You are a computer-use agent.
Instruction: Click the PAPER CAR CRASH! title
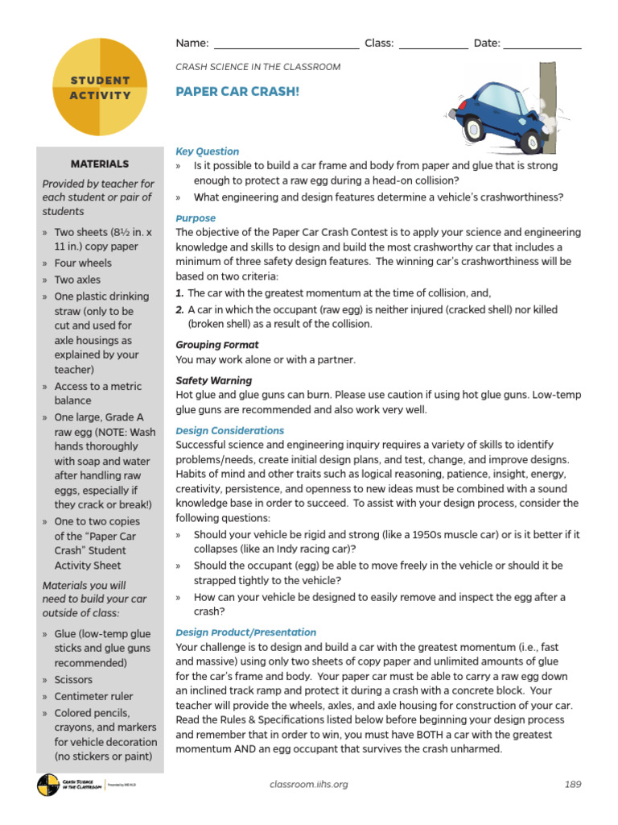pyautogui.click(x=237, y=92)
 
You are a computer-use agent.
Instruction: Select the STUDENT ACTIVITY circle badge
pyautogui.click(x=100, y=88)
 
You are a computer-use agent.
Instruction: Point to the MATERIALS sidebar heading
pyautogui.click(x=100, y=164)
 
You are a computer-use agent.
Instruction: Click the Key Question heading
pyautogui.click(x=208, y=151)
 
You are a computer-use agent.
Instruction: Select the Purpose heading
pyautogui.click(x=196, y=218)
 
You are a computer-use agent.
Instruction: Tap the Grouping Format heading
pyautogui.click(x=217, y=345)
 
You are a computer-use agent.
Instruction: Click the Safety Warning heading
pyautogui.click(x=214, y=380)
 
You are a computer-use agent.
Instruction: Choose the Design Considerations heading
pyautogui.click(x=229, y=431)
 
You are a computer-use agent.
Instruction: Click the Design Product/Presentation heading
pyautogui.click(x=246, y=632)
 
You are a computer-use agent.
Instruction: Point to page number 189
pyautogui.click(x=572, y=784)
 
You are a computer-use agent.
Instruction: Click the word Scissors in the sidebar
pyautogui.click(x=73, y=680)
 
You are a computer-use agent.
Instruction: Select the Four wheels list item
pyautogui.click(x=83, y=263)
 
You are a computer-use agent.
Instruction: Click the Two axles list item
pyautogui.click(x=78, y=280)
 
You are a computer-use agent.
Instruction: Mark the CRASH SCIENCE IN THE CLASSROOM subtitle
pyautogui.click(x=257, y=67)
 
